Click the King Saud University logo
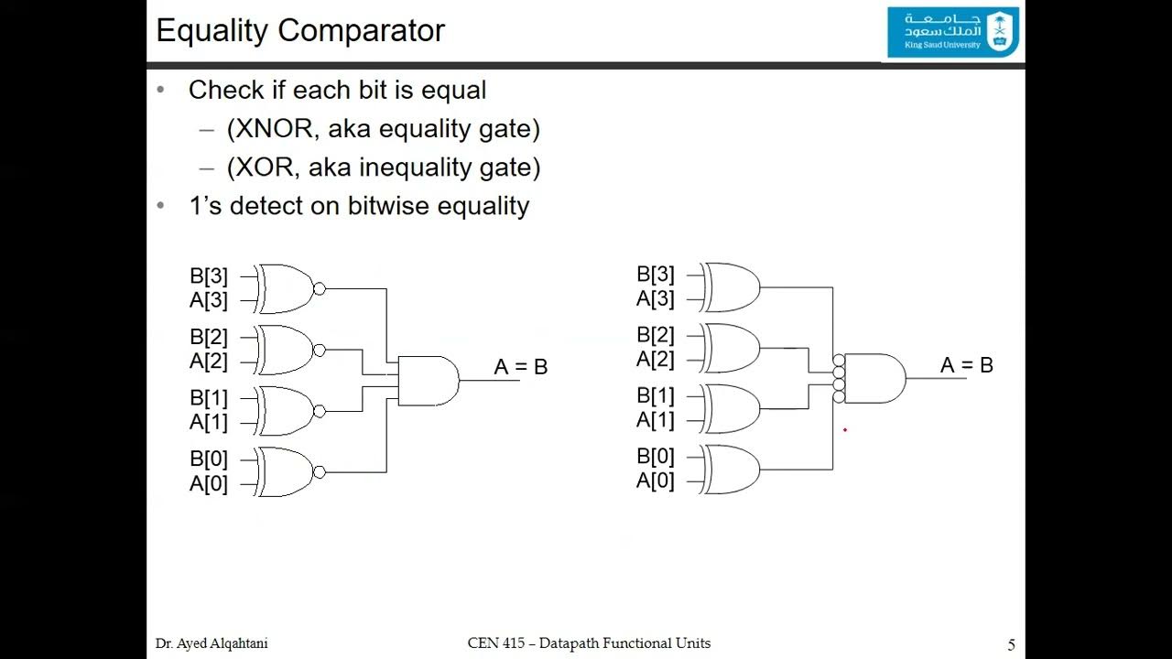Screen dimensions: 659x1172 point(953,31)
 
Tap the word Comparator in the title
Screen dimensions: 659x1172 point(364,30)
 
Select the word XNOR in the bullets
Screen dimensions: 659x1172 point(271,129)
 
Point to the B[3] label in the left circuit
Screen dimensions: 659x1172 point(209,275)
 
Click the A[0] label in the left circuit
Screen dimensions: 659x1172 point(209,483)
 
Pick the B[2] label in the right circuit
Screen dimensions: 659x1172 point(656,335)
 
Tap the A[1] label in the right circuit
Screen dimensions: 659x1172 point(656,420)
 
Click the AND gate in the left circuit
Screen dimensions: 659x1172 point(428,381)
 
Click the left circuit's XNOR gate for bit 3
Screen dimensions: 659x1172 point(287,289)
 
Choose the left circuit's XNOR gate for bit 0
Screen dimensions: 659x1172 point(287,472)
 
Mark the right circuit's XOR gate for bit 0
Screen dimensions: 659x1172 point(732,470)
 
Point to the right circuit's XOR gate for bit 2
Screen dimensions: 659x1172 point(732,348)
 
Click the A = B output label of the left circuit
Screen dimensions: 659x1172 point(520,367)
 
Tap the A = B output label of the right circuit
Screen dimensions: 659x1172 point(967,365)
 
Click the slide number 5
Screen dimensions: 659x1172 point(1011,645)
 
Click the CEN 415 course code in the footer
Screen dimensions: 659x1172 point(496,643)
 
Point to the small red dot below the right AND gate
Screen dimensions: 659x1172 point(845,428)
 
